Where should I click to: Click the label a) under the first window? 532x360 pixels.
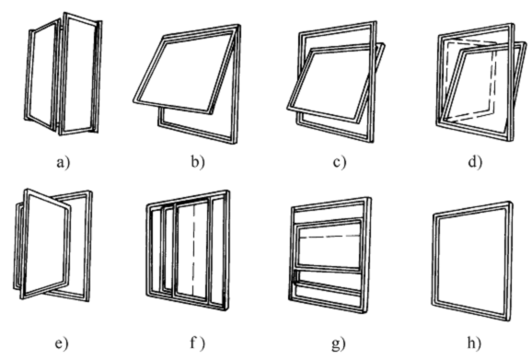64,163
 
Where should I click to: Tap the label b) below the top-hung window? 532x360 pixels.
198,162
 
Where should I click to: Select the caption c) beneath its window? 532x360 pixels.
340,163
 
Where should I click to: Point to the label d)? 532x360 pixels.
475,162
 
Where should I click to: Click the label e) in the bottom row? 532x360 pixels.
62,343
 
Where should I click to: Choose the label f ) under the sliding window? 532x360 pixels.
197,343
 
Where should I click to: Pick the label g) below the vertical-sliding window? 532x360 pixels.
339,344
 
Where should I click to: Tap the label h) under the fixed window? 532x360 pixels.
474,343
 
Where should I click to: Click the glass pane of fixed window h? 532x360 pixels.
471,261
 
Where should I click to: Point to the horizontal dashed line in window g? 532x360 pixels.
330,237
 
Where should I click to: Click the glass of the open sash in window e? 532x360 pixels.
47,243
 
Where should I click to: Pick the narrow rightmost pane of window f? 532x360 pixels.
218,251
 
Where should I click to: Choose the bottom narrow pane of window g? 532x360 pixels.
328,295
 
